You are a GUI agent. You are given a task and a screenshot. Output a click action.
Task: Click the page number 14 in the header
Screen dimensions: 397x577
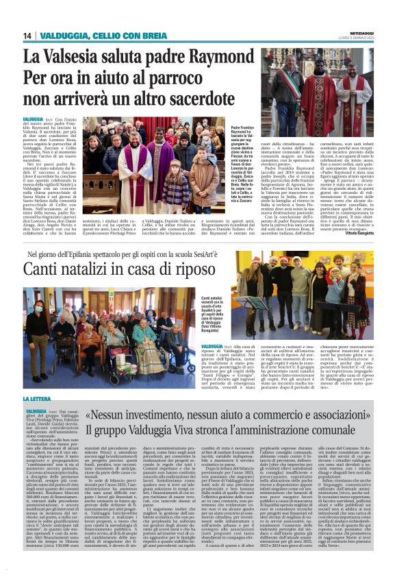[x=27, y=36]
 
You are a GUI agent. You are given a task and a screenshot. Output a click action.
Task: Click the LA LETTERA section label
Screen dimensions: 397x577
[x=37, y=398]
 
